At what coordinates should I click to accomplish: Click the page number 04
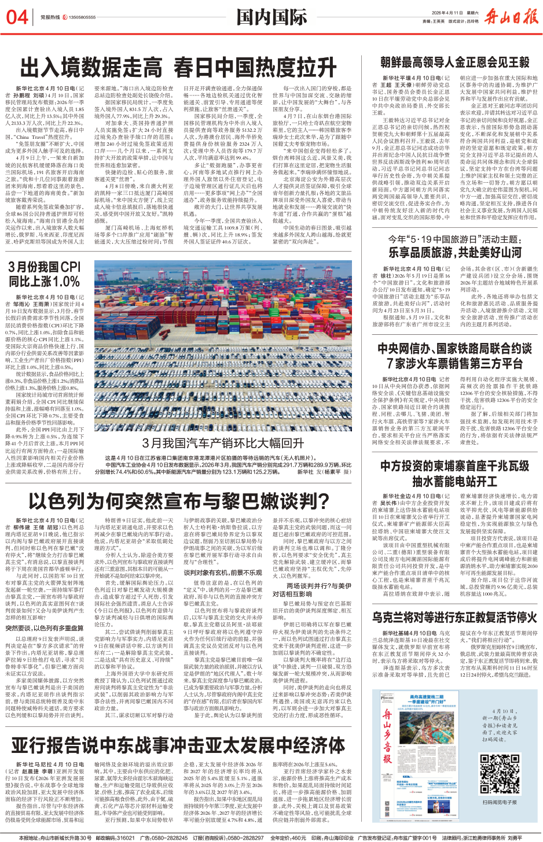click(x=17, y=17)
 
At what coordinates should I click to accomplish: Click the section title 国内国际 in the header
click(x=271, y=17)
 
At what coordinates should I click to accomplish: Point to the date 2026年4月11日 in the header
click(x=445, y=12)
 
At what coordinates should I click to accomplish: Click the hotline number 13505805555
click(x=82, y=17)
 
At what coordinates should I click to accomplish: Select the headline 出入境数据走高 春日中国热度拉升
click(x=179, y=68)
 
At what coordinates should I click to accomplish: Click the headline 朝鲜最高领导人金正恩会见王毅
click(x=454, y=62)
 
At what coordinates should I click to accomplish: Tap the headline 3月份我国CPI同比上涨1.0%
click(x=44, y=274)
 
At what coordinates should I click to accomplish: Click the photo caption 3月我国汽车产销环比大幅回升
click(x=223, y=443)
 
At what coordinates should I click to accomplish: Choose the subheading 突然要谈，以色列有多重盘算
click(x=45, y=628)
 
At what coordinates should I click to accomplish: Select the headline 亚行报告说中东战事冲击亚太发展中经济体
click(x=178, y=745)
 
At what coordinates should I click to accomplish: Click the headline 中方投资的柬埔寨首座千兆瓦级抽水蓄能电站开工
click(x=454, y=473)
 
